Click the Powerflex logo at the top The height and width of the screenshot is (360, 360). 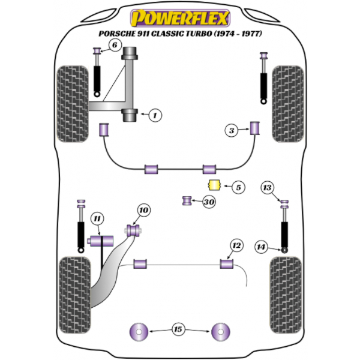[179, 16]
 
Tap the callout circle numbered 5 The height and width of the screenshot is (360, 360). [238, 187]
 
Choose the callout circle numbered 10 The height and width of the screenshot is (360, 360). [143, 210]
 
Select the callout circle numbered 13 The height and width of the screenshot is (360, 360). [267, 188]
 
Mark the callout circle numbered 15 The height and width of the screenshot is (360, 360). [178, 329]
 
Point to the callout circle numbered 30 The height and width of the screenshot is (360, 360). [208, 202]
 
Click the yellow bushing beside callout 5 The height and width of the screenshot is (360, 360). [212, 185]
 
